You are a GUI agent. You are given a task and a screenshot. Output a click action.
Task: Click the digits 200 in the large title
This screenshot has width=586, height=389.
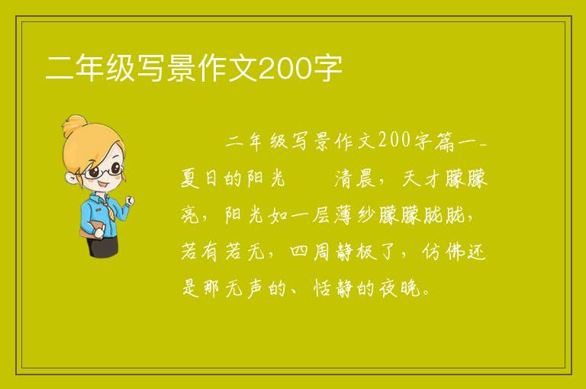point(285,69)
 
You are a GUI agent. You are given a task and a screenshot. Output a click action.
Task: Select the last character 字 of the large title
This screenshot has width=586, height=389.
point(327,69)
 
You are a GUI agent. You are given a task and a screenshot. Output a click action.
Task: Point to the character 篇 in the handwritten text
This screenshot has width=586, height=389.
point(445,142)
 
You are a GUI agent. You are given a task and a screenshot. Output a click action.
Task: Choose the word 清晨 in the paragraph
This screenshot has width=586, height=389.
point(356,178)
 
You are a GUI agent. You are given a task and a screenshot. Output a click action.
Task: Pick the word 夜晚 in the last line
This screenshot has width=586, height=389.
point(400,288)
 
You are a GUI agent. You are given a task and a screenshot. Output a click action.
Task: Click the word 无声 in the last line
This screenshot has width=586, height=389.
point(246,288)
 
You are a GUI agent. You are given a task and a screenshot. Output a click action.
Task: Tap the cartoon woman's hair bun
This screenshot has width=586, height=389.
point(74,126)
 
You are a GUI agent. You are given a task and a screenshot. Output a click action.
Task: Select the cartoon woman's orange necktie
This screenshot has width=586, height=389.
point(108,210)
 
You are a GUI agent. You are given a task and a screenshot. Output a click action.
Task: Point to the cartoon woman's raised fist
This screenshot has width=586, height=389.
point(130,201)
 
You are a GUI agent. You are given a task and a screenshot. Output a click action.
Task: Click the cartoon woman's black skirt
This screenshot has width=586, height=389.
point(102,246)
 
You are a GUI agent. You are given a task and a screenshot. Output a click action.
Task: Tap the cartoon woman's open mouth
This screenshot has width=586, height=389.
point(104,185)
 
